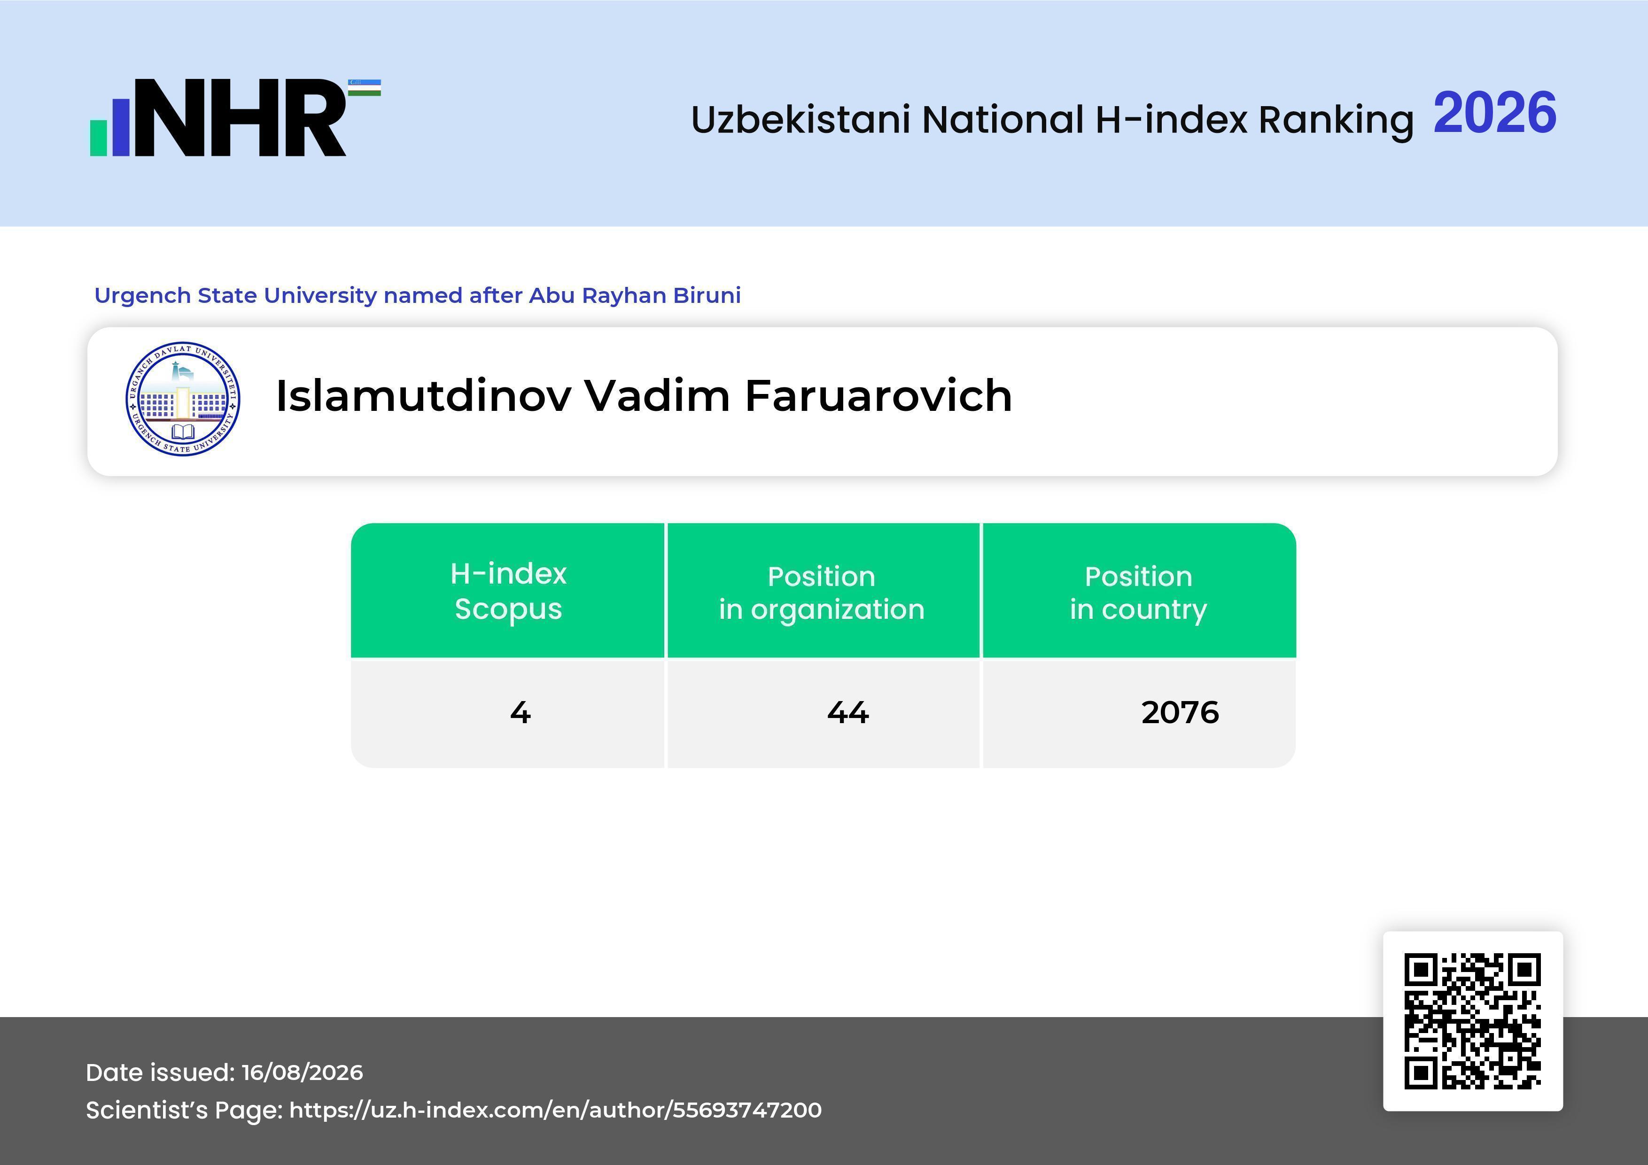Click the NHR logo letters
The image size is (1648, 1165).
241,118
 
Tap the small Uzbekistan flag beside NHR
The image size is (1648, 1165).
365,87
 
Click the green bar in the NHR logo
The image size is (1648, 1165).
98,138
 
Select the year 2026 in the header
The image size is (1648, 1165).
1494,113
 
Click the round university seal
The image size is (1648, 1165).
183,398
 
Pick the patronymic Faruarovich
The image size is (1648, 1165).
878,395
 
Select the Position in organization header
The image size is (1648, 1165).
822,593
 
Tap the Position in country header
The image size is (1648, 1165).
1138,593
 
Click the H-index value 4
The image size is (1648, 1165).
521,712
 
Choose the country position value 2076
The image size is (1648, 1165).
1180,712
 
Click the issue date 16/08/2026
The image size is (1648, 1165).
302,1072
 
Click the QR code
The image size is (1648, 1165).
1473,1021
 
